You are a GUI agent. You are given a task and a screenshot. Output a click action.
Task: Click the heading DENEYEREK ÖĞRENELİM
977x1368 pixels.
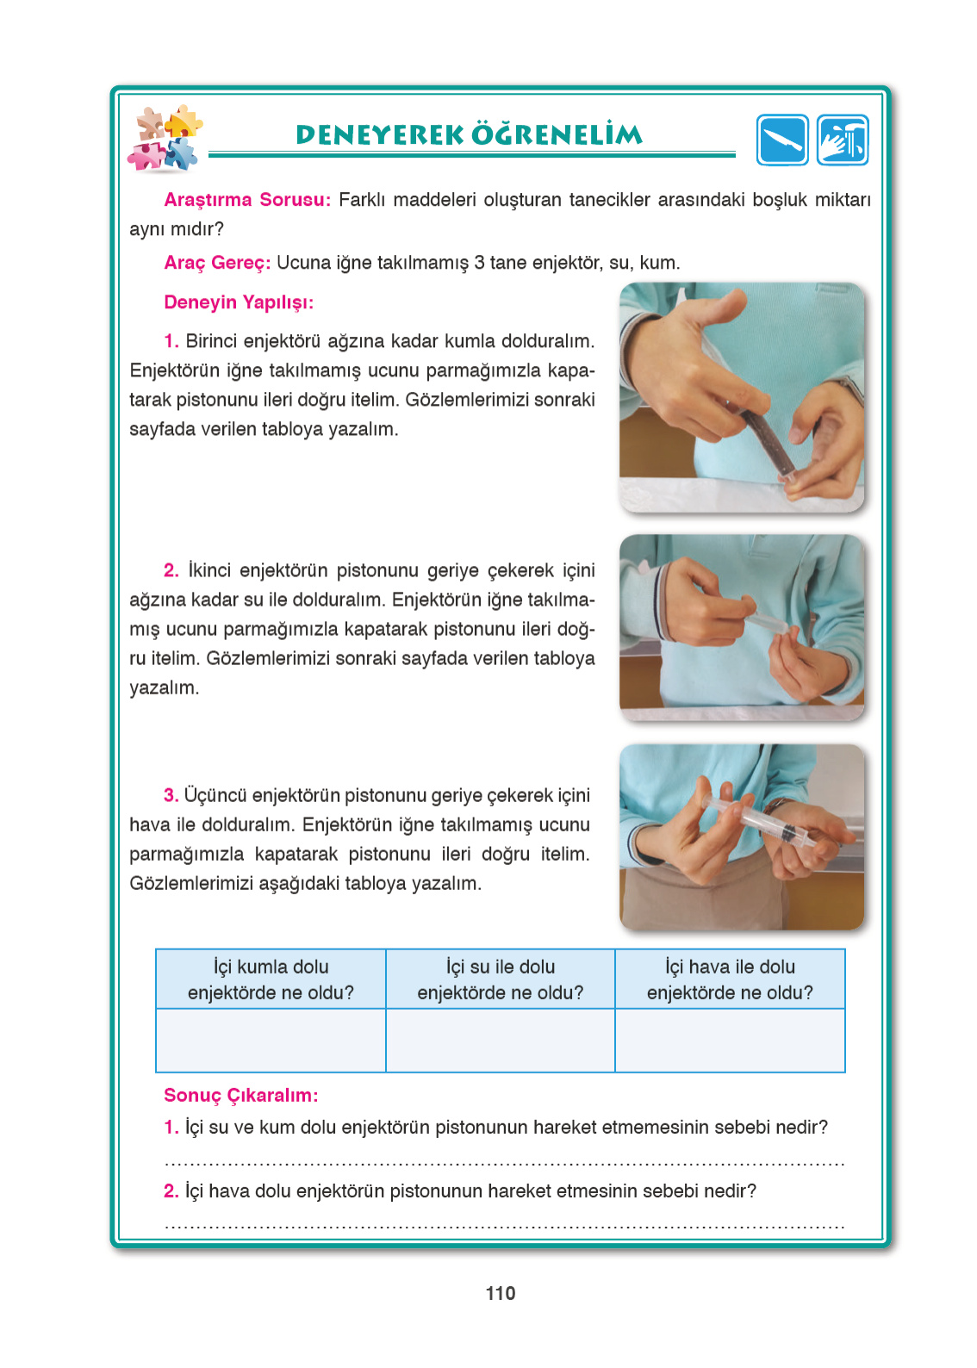tap(469, 134)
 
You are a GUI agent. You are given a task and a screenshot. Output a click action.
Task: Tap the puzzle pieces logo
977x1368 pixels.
tap(165, 139)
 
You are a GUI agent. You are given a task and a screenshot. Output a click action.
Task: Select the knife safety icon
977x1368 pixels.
tap(782, 140)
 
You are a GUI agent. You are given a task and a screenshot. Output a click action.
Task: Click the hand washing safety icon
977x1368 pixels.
tap(843, 140)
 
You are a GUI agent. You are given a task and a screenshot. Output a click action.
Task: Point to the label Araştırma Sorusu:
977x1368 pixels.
tap(247, 200)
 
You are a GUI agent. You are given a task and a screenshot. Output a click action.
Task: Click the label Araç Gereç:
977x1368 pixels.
tap(217, 263)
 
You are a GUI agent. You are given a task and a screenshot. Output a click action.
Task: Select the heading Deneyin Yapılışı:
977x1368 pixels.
tap(239, 302)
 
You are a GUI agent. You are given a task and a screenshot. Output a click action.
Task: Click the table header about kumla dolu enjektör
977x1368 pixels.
tap(271, 979)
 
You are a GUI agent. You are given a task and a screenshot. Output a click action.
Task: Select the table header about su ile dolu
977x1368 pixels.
tap(500, 979)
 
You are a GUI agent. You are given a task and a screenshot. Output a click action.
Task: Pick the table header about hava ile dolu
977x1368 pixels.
tap(730, 979)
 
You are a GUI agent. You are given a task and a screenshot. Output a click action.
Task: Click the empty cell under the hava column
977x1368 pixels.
tap(730, 1041)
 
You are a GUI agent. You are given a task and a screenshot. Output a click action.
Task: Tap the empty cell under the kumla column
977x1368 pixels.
tap(271, 1041)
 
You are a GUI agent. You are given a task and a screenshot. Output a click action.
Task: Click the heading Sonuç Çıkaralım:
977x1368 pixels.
tap(241, 1095)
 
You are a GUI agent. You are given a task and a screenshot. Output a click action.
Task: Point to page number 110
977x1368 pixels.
tap(501, 1293)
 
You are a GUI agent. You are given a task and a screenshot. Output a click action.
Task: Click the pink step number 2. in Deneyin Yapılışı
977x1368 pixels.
tap(171, 570)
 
